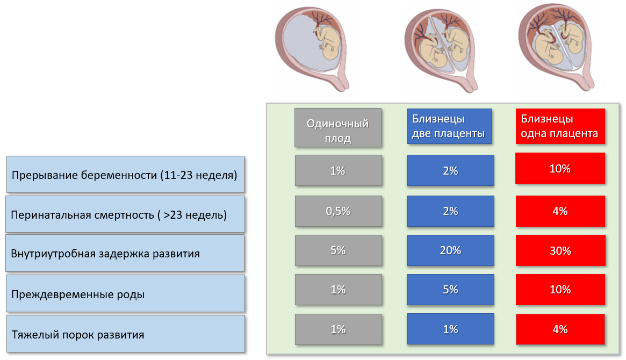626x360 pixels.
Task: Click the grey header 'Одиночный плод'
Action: tap(338, 128)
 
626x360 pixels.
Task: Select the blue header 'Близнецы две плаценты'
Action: tap(449, 126)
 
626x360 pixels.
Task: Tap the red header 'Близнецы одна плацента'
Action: tap(560, 126)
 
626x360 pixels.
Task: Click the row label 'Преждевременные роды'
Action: tap(125, 293)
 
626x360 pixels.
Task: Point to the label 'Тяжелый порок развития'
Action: tap(125, 334)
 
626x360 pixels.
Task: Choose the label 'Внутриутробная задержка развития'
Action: tap(125, 253)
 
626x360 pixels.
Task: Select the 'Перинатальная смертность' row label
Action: tap(125, 214)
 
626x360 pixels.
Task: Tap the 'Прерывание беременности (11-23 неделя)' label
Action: tap(125, 175)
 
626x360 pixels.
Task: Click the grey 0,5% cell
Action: tap(338, 211)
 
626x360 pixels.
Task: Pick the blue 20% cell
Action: tap(450, 250)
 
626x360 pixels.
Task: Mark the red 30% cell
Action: tap(560, 250)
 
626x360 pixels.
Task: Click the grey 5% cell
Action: tap(338, 250)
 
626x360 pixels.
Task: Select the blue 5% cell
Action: tap(450, 290)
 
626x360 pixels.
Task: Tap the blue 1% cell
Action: tap(450, 329)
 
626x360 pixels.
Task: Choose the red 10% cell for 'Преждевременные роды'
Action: tap(560, 290)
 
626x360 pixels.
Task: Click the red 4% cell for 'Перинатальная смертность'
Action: tap(560, 211)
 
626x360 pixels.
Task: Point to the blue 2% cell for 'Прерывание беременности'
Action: tap(450, 170)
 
